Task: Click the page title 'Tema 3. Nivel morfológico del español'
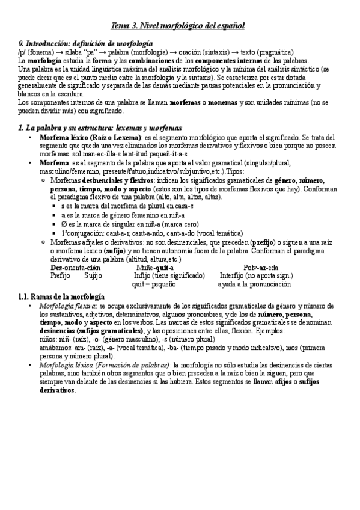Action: (x=179, y=26)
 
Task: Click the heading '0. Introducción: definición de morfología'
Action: (x=85, y=44)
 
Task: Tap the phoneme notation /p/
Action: (x=22, y=52)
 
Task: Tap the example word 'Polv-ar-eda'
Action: (x=261, y=267)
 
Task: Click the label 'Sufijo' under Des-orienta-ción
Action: (x=93, y=275)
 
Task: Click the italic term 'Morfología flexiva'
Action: (x=67, y=306)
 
